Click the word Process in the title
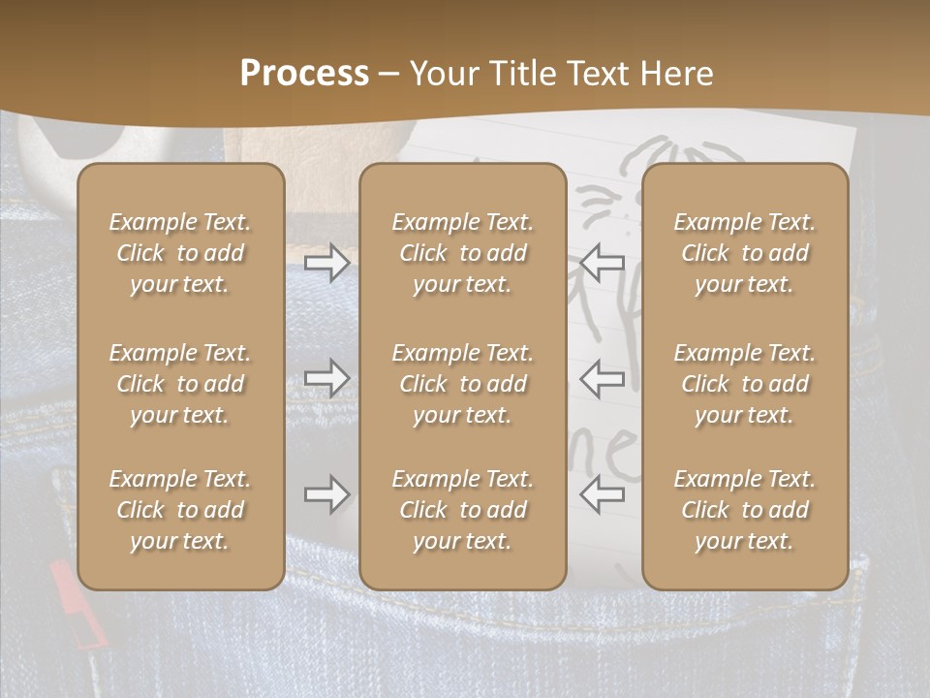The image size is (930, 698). [304, 74]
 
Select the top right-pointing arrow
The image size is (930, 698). [327, 262]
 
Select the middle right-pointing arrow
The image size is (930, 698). [327, 378]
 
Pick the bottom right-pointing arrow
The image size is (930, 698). [327, 494]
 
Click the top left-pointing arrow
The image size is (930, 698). [603, 262]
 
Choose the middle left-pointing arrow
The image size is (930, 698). [603, 378]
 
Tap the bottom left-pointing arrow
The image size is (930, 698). [603, 493]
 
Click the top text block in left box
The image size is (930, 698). [180, 253]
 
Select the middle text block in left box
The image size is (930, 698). [180, 384]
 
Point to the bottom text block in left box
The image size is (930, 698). [180, 510]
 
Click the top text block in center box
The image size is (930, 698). [462, 253]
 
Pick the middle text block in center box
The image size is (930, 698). [462, 384]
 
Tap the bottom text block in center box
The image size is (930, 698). [462, 510]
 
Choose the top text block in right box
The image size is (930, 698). [745, 253]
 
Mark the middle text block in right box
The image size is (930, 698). [745, 384]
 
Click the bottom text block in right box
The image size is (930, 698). [745, 510]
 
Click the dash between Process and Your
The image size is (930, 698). [389, 75]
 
